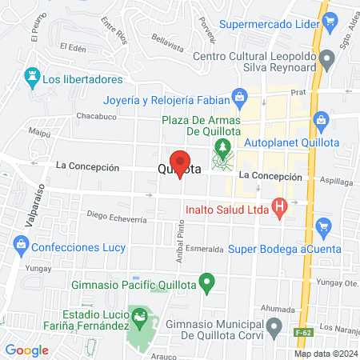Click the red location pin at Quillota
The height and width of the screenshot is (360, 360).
[180, 162]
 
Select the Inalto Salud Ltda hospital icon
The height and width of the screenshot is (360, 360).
[279, 210]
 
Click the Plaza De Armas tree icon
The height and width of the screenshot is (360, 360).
[222, 148]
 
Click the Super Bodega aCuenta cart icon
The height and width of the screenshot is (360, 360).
[323, 227]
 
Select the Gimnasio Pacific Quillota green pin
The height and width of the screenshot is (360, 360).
[207, 282]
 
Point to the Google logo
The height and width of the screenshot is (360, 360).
[27, 350]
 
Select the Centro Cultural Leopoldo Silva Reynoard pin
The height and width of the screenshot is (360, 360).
[326, 59]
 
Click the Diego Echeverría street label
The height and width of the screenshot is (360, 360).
[118, 215]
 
